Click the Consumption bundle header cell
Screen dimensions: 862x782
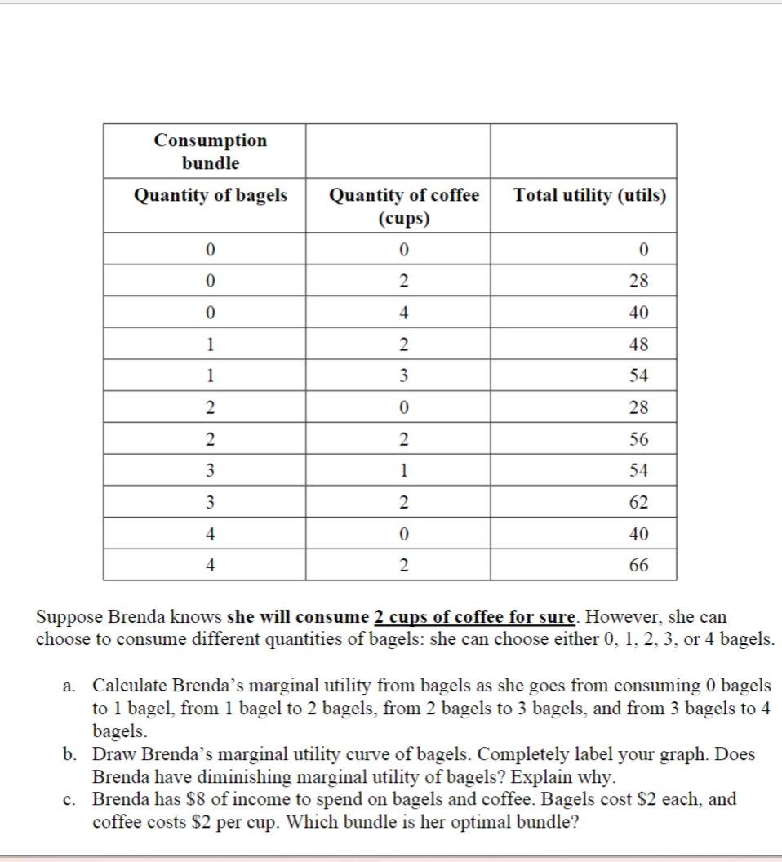coord(211,151)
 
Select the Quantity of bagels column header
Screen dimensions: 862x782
coord(211,195)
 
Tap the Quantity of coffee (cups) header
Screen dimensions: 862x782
coord(404,207)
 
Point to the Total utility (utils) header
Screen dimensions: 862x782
coord(589,195)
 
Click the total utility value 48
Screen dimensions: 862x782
coord(639,344)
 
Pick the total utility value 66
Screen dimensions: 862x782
coord(639,565)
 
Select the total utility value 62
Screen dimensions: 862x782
coord(639,503)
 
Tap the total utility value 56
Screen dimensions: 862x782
coord(639,439)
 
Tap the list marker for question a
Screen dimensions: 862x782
coord(69,686)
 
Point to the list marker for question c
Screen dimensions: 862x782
coord(69,800)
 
